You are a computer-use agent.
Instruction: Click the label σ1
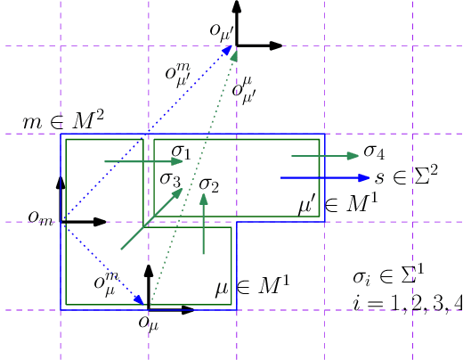pyautogui.click(x=182, y=152)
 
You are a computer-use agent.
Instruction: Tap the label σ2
pyautogui.click(x=209, y=185)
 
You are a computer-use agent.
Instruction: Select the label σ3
pyautogui.click(x=170, y=178)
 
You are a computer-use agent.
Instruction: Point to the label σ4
pyautogui.click(x=373, y=151)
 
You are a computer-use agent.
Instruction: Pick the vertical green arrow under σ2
pyautogui.click(x=205, y=227)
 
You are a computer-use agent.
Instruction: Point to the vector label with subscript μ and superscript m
pyautogui.click(x=105, y=282)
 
